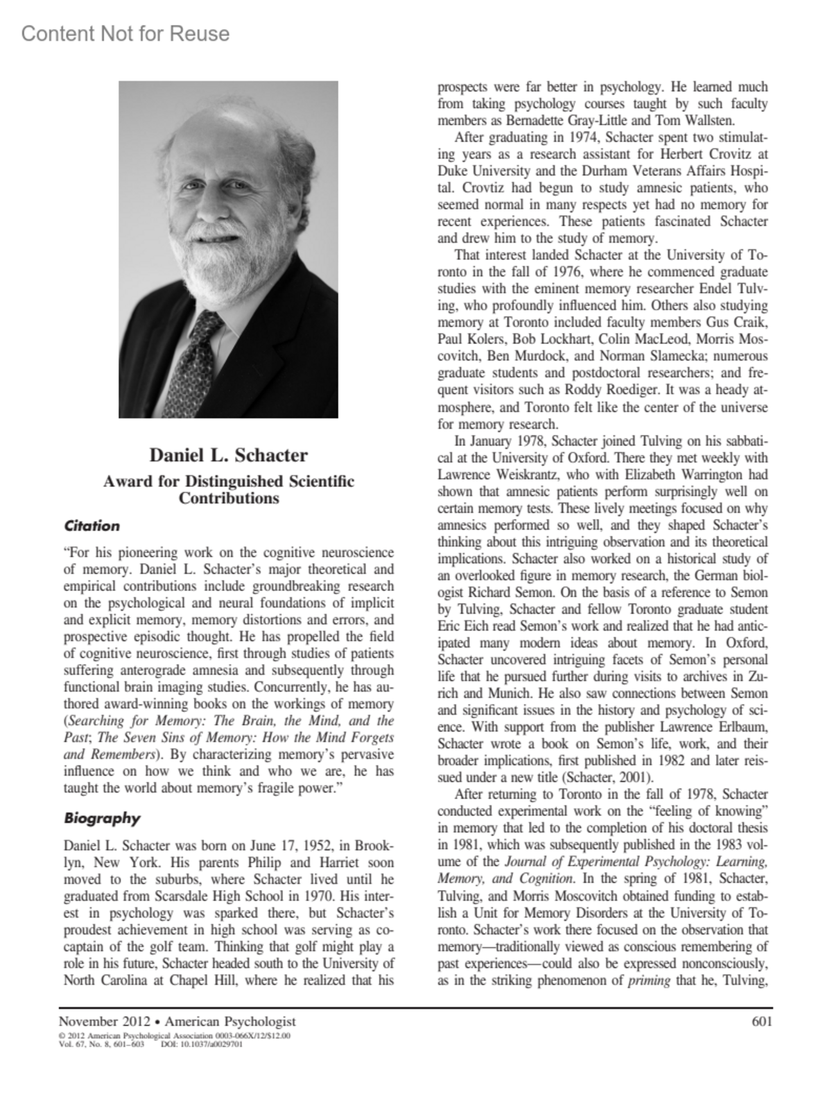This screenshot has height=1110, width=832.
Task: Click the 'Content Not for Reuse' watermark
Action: tap(125, 33)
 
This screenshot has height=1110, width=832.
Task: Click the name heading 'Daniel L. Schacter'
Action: tap(229, 456)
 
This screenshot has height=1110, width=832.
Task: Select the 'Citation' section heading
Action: tap(92, 526)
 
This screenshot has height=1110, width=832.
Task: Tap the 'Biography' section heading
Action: tap(102, 818)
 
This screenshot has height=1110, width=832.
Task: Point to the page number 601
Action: tap(761, 1021)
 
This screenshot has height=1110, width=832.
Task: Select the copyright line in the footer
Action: tap(175, 1036)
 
